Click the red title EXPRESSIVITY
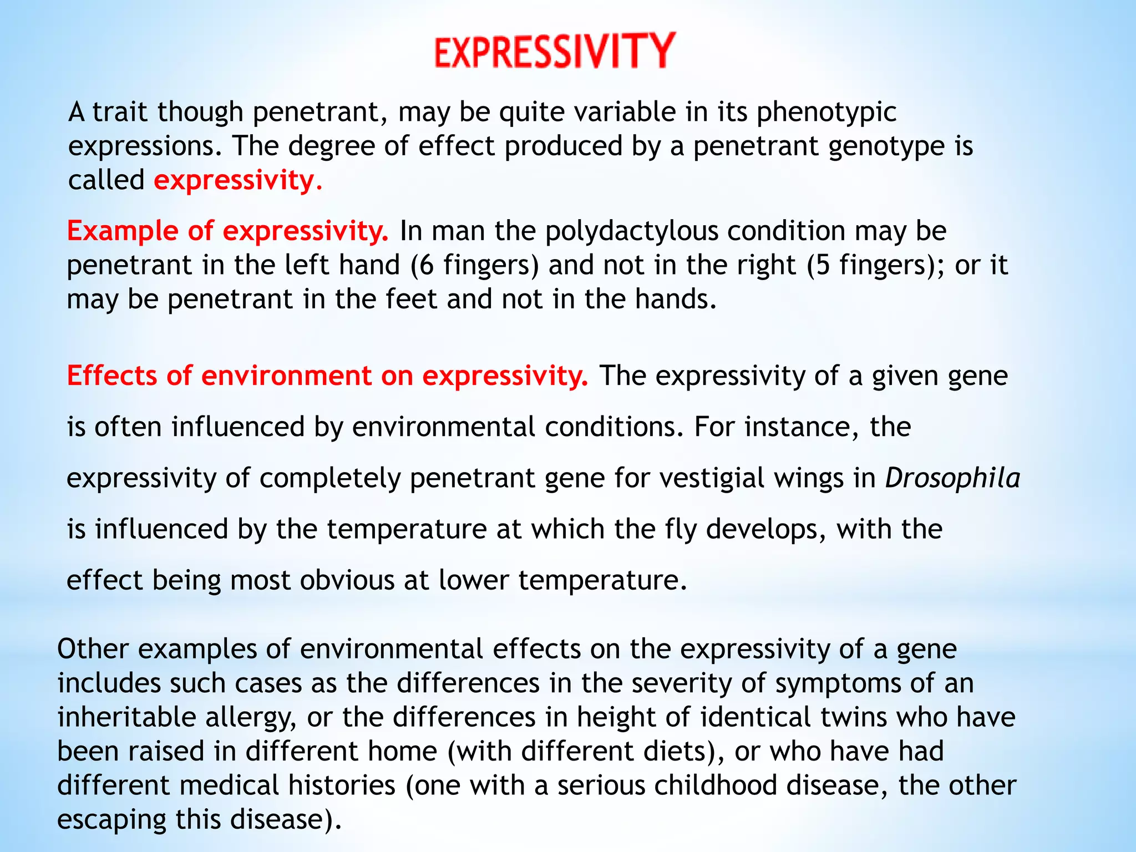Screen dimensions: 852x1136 [555, 51]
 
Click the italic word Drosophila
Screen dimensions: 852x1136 [952, 478]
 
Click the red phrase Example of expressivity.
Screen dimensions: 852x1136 [227, 231]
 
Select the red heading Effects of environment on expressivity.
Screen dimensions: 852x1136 [327, 376]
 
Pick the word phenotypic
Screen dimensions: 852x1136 [826, 113]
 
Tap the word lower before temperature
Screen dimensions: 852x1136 [474, 581]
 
